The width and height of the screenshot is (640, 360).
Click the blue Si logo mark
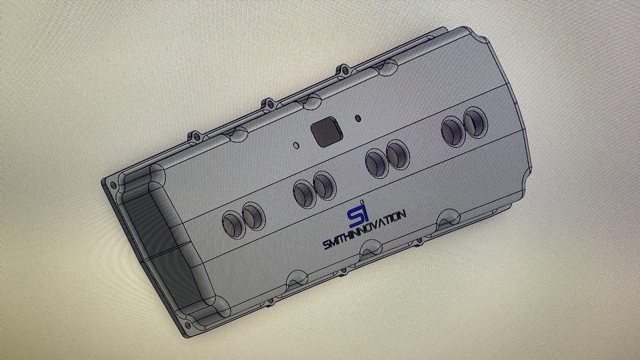(356, 214)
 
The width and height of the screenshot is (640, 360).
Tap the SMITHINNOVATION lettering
(364, 229)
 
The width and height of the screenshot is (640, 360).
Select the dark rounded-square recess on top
(326, 131)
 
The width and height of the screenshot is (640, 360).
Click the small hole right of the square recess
(357, 117)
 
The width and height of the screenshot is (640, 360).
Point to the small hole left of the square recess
(296, 145)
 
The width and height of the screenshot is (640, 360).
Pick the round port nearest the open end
(233, 224)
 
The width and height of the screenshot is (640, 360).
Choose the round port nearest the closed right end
(475, 122)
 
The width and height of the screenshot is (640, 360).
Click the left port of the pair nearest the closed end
(453, 131)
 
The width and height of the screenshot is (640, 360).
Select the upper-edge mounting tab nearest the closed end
(343, 70)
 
